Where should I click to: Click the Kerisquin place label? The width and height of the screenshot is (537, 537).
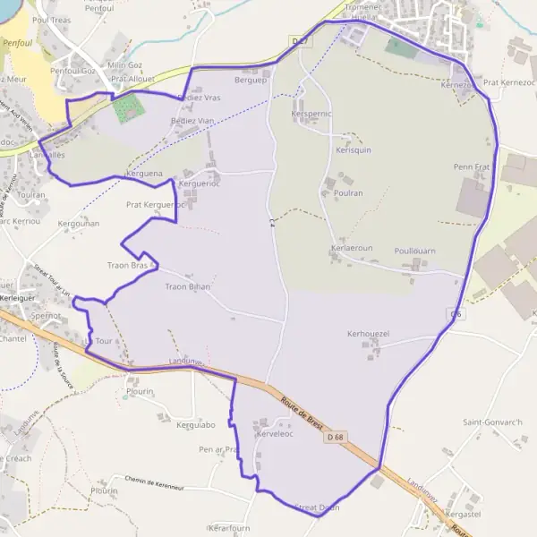point(353,150)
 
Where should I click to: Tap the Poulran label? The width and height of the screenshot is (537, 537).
point(347,192)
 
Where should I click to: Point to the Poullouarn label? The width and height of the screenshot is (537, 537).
point(414,251)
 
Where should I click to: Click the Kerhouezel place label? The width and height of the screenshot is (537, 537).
point(368,333)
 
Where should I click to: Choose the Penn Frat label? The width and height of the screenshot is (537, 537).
point(472,166)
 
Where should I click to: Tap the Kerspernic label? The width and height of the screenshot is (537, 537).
point(311,115)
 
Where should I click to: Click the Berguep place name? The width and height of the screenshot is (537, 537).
point(251,80)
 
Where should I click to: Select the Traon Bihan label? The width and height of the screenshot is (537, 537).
point(187,287)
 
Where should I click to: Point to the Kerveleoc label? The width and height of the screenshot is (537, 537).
point(275,432)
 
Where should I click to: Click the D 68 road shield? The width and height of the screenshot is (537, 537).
point(335,437)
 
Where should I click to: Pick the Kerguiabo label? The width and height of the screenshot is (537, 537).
point(196,424)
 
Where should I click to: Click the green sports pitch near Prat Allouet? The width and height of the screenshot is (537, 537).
point(127,109)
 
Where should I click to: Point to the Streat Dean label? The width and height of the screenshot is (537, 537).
point(317,507)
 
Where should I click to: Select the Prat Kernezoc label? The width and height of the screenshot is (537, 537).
point(508,82)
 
